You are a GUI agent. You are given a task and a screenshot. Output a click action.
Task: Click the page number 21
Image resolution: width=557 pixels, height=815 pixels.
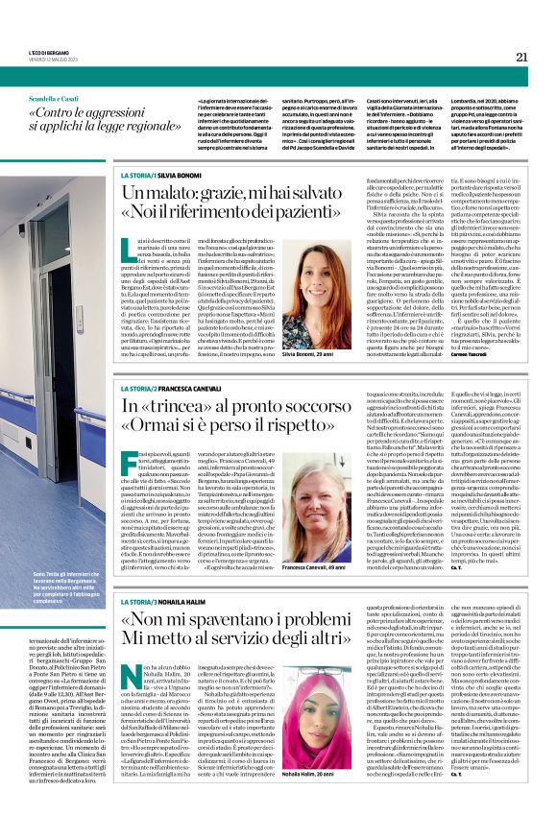[x=521, y=57]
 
